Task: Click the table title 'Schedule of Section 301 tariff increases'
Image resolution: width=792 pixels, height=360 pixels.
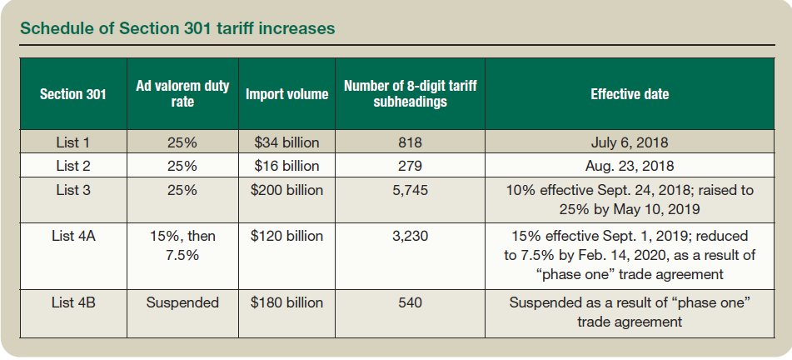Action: coord(177,28)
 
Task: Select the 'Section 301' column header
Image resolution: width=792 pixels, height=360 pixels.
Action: coord(73,94)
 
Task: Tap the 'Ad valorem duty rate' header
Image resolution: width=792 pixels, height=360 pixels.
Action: coord(182,93)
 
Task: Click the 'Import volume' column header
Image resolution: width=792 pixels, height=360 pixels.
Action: coord(286,94)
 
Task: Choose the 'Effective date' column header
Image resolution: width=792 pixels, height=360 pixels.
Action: coord(630,94)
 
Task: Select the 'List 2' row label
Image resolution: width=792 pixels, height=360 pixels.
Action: coord(73,165)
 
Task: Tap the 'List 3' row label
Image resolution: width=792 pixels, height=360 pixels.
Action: coord(73,189)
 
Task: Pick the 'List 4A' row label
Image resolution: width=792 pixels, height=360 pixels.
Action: coord(73,236)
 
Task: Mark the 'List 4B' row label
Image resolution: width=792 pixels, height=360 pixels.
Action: coord(73,302)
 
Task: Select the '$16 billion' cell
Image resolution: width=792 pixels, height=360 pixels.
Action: coord(286,165)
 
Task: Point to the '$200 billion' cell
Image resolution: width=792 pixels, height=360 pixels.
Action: coord(286,189)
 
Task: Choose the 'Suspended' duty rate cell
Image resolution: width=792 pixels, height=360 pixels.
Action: coord(182,302)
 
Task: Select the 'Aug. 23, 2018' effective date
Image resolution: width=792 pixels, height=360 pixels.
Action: coord(630,165)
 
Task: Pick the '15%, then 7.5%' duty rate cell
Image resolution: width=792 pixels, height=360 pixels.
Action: coord(182,245)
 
